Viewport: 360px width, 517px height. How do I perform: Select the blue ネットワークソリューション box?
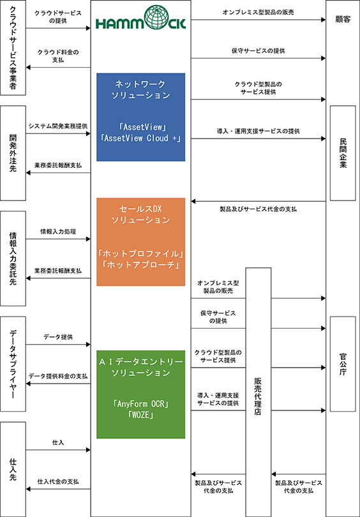[141, 117]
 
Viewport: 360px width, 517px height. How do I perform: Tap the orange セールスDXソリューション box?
[141, 242]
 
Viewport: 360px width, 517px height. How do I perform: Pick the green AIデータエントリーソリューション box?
[141, 394]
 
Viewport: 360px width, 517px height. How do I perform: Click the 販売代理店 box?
[259, 392]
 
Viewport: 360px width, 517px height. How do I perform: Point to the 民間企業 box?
[343, 153]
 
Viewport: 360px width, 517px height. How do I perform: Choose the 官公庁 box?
[343, 364]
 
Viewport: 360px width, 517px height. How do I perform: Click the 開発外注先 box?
[13, 153]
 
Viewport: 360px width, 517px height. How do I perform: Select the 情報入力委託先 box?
[13, 258]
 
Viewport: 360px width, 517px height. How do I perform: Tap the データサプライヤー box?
[13, 364]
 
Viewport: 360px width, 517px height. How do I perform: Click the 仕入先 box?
[13, 469]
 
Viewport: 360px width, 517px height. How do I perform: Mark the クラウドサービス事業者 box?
[13, 48]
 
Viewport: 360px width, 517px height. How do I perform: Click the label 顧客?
[343, 19]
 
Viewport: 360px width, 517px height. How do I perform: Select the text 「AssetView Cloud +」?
[141, 138]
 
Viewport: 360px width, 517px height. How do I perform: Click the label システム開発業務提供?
[58, 126]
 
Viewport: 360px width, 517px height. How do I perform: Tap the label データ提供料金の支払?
[58, 375]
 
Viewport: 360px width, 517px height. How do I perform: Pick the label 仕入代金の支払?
[58, 481]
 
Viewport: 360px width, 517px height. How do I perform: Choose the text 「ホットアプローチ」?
[141, 264]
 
